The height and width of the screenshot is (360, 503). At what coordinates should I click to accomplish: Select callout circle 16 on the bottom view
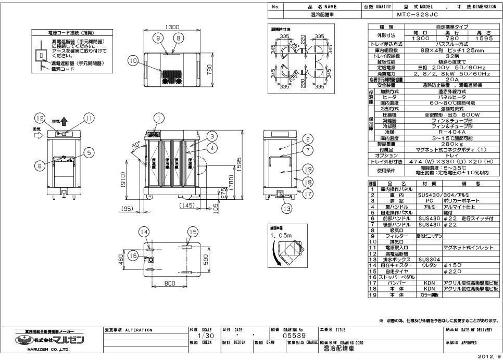[134, 255]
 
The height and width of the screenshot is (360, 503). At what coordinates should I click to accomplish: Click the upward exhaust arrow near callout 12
[64, 121]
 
